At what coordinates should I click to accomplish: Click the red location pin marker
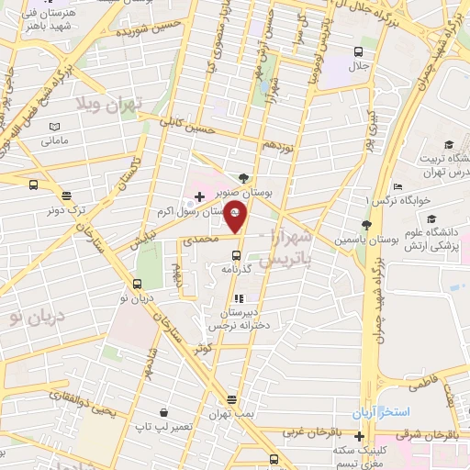[236, 218]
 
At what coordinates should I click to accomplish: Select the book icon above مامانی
[54, 127]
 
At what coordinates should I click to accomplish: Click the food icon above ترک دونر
[66, 195]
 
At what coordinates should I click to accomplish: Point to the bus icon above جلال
[358, 51]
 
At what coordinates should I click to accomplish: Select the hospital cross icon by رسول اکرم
[200, 196]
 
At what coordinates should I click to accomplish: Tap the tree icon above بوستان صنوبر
[242, 179]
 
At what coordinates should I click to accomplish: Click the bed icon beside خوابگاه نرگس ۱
[397, 185]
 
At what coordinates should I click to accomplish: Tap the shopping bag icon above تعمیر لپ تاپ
[162, 412]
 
